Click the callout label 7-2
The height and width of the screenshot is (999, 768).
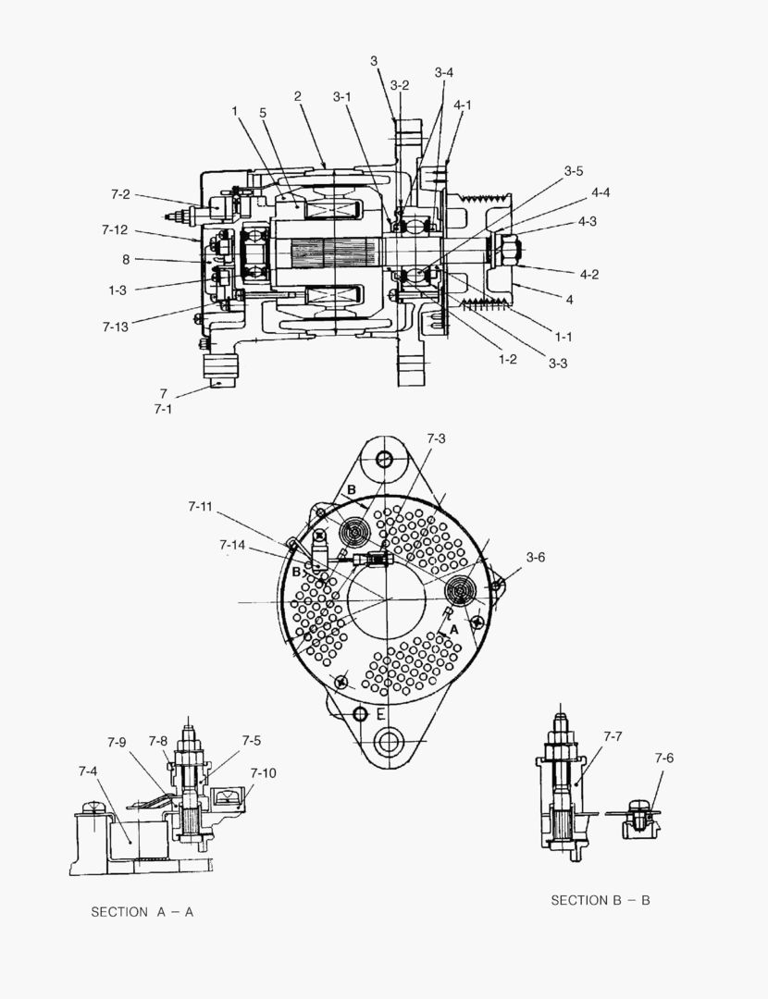[120, 195]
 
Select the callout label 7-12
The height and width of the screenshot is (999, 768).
[116, 229]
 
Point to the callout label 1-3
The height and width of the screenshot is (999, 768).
[117, 290]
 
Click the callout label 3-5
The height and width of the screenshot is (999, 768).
[574, 171]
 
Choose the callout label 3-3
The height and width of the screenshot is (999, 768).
[557, 364]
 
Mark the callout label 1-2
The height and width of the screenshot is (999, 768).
[507, 358]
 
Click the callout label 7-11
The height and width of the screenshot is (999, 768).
[201, 507]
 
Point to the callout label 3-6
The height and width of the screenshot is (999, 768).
[536, 557]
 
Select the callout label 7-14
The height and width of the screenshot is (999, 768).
[233, 545]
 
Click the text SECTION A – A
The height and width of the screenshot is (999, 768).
[142, 912]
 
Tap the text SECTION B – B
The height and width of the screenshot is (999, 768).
[601, 900]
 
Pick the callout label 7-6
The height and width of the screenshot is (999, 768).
[663, 758]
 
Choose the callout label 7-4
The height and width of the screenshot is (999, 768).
[89, 770]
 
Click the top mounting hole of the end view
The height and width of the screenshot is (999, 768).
[385, 460]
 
